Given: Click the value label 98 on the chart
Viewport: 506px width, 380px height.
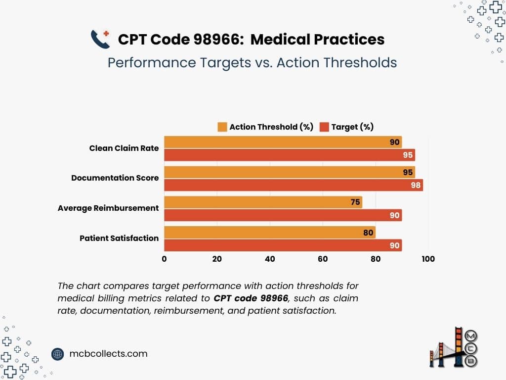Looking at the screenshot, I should (x=415, y=185).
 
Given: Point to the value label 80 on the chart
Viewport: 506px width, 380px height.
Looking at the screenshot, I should (x=368, y=232).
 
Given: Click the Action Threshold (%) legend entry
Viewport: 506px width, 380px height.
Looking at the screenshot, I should (x=265, y=127).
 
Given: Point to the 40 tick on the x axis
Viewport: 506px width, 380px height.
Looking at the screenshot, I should (x=270, y=259).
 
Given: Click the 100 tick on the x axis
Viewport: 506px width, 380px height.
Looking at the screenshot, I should (x=427, y=259).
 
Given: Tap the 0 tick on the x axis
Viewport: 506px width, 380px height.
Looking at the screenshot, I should (x=164, y=259).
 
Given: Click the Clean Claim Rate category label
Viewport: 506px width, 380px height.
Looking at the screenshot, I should (x=124, y=148).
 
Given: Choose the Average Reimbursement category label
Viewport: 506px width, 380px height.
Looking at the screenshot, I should (x=108, y=208).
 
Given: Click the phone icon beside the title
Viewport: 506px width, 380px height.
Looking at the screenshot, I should (x=100, y=39).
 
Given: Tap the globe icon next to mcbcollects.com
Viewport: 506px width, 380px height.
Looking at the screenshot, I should (x=58, y=354).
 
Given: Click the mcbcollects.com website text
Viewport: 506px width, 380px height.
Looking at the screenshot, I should (x=108, y=354).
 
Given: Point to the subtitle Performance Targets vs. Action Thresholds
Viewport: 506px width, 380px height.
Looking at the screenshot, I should (x=252, y=63).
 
